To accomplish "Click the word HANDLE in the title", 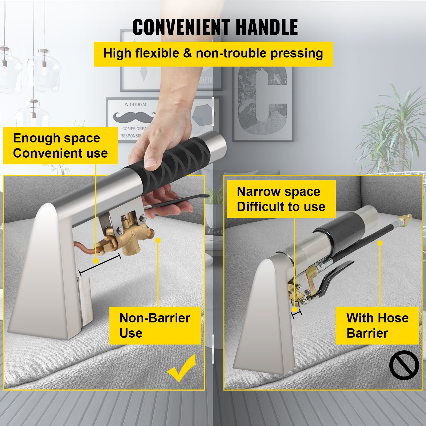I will (267, 27).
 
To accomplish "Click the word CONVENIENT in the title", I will (181, 27).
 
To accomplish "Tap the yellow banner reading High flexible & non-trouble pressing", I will (213, 54).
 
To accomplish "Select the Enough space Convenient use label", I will (60, 145).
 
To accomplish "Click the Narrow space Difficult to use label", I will (281, 199).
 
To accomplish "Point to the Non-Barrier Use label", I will (155, 325).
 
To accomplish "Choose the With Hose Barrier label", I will (377, 325).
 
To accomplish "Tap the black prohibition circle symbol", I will (404, 365).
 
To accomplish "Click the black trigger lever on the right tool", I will (335, 274).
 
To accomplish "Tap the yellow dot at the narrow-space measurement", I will (294, 309).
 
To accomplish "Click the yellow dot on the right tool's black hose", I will (380, 243).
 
